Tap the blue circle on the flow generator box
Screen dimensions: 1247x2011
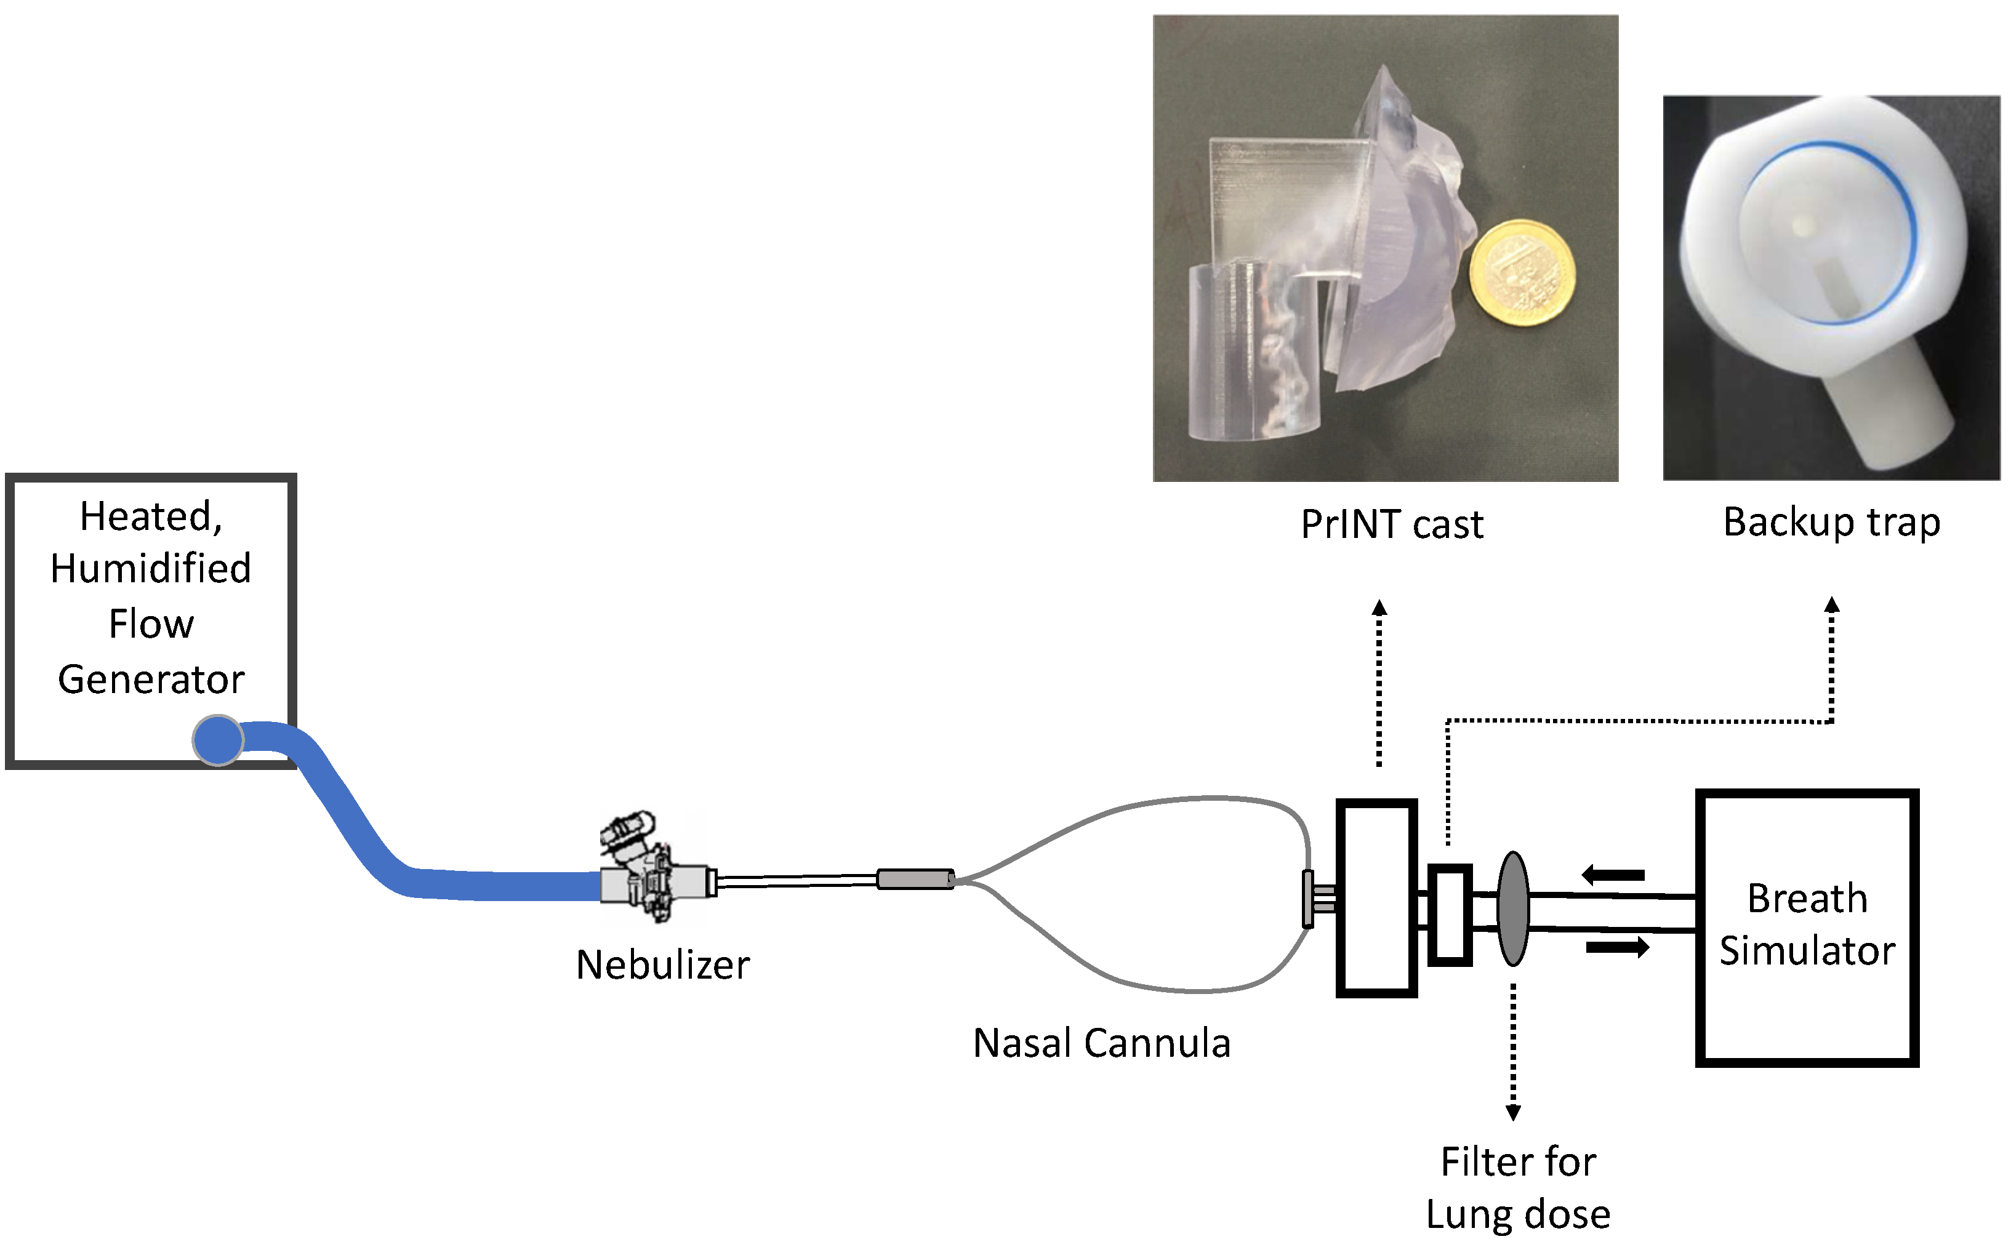(x=218, y=740)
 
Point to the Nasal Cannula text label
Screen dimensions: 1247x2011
(x=1101, y=1043)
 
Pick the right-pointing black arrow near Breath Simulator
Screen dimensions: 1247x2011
(x=1616, y=947)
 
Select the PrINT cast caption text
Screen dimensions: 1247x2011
(x=1392, y=524)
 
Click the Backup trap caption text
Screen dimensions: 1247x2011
(x=1831, y=522)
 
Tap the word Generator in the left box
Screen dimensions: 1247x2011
(x=151, y=680)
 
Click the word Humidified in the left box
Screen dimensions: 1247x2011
(x=151, y=568)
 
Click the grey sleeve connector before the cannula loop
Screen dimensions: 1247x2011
(x=915, y=879)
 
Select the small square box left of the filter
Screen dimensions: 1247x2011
(x=1449, y=914)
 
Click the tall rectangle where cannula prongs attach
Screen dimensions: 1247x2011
(x=1376, y=898)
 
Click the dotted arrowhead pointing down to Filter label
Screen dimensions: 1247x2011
(x=1513, y=1113)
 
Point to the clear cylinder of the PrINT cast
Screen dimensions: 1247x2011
(x=1253, y=350)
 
